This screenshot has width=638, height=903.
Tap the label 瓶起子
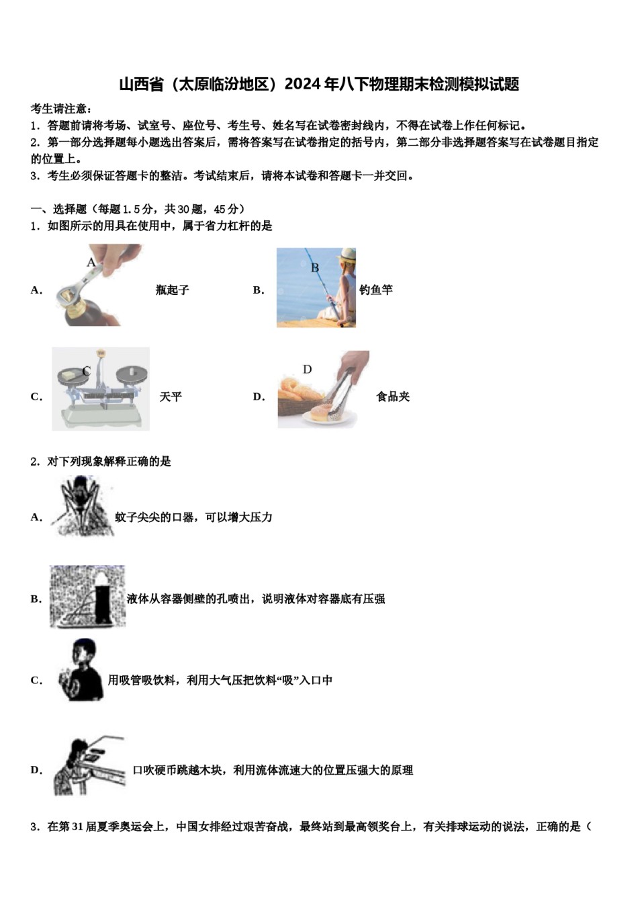pos(172,290)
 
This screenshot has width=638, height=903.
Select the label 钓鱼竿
pos(376,290)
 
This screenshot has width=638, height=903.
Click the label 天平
pos(171,397)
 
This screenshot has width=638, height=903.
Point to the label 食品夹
pos(393,397)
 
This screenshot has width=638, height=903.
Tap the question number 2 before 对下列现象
pos(34,462)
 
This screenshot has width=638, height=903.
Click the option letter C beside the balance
pos(36,397)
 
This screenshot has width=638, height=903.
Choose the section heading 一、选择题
pos(59,209)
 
